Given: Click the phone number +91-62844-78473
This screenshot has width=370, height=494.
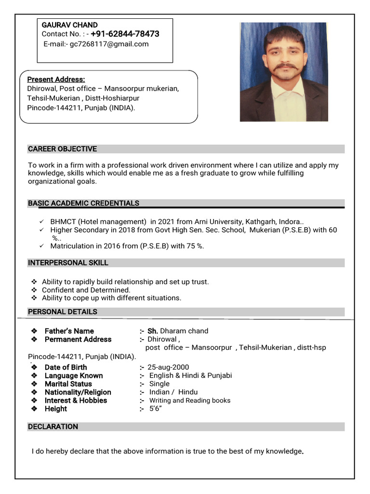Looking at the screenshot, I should pyautogui.click(x=125, y=34).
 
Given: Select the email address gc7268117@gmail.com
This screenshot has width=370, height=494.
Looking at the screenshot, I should pyautogui.click(x=109, y=44).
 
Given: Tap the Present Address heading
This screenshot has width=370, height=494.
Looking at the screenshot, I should pyautogui.click(x=56, y=79).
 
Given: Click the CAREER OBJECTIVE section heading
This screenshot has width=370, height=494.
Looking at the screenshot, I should pyautogui.click(x=62, y=149).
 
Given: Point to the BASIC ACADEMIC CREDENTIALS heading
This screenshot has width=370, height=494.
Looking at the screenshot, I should pyautogui.click(x=83, y=203).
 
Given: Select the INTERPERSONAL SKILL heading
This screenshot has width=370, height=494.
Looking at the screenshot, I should pyautogui.click(x=68, y=263).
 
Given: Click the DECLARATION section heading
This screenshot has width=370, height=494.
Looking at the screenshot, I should pyautogui.click(x=53, y=426).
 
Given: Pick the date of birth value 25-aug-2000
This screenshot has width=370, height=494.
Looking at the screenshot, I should pyautogui.click(x=168, y=367).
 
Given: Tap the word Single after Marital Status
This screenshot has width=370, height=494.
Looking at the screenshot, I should pyautogui.click(x=159, y=384).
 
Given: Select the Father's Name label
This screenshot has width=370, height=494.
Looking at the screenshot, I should pyautogui.click(x=69, y=331).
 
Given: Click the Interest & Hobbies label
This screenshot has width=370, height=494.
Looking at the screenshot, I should pyautogui.click(x=76, y=400).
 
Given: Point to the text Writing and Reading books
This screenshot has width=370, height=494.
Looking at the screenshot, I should pyautogui.click(x=190, y=400).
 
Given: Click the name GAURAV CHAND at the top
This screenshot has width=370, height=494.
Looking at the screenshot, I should pyautogui.click(x=70, y=25).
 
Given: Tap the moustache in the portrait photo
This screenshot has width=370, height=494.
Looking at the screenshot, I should pyautogui.click(x=285, y=67).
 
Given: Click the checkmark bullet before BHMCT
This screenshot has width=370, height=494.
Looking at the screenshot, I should pyautogui.click(x=41, y=222).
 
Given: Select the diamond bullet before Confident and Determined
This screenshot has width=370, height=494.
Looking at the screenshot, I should pyautogui.click(x=34, y=290).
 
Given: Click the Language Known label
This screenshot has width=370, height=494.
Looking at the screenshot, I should pyautogui.click(x=73, y=375).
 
